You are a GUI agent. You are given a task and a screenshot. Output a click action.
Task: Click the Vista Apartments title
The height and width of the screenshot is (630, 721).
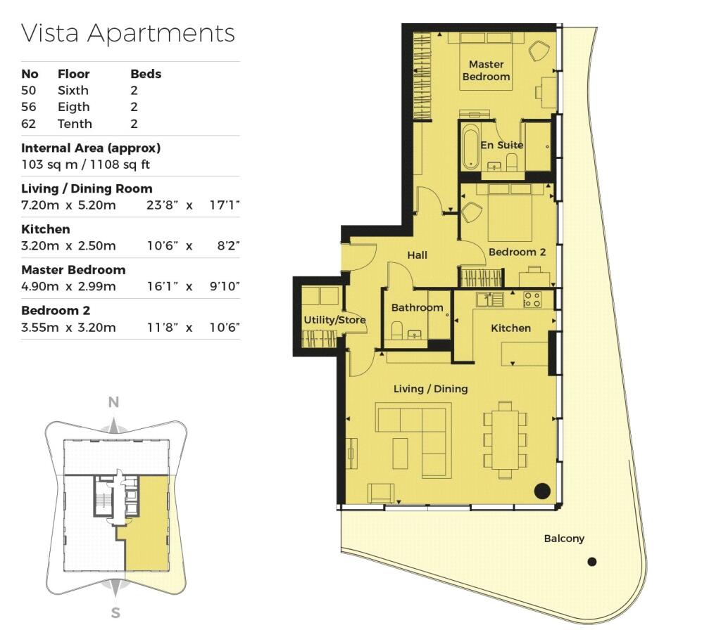(128, 33)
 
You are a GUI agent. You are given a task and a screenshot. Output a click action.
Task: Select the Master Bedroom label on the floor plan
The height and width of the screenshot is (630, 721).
(486, 70)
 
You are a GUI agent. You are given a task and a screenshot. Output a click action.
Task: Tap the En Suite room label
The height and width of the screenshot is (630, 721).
(501, 145)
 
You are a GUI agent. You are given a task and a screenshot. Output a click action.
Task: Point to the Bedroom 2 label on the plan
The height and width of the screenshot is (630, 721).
(517, 252)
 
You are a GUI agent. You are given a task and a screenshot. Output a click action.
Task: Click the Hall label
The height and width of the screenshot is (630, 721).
(417, 255)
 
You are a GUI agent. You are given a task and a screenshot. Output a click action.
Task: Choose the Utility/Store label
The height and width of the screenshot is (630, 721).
(334, 320)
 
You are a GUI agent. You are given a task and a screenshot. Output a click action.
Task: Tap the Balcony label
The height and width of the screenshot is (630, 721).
(564, 539)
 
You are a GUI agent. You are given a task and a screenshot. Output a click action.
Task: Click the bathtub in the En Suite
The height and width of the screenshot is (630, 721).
(470, 146)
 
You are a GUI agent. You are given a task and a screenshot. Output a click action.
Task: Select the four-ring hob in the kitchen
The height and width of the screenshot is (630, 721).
(532, 300)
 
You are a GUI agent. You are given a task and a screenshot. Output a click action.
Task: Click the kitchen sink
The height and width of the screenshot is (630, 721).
(490, 300)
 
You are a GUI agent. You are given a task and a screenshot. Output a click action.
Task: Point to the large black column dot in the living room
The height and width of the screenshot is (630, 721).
(543, 491)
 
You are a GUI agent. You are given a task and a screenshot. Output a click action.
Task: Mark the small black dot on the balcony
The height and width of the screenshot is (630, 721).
(592, 561)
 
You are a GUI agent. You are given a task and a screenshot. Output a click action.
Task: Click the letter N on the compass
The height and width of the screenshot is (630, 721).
(113, 402)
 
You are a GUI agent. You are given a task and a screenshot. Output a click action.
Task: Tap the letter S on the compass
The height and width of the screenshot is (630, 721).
(115, 612)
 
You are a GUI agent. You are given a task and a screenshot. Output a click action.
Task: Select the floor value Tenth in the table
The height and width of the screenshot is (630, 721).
(75, 124)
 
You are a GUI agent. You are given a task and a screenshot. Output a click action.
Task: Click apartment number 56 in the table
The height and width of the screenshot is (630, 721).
(28, 107)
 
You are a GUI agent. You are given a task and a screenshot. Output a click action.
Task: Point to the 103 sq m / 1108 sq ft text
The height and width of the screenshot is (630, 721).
(85, 165)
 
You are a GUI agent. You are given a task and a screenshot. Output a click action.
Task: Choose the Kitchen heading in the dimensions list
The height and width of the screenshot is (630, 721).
(46, 229)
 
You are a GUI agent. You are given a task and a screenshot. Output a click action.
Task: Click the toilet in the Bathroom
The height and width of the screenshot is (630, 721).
(397, 330)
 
